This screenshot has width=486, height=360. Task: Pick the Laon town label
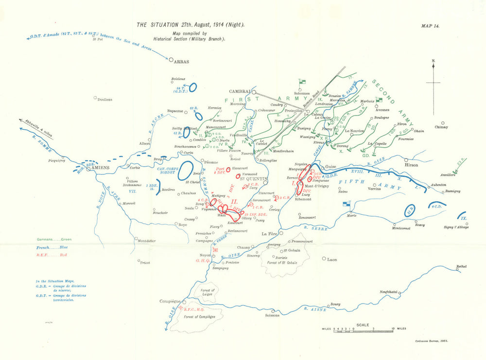point(332,259)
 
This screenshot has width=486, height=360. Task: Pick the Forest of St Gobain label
point(282,262)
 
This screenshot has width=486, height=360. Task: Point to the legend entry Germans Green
point(53,240)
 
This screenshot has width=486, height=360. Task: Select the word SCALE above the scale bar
point(363,325)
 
